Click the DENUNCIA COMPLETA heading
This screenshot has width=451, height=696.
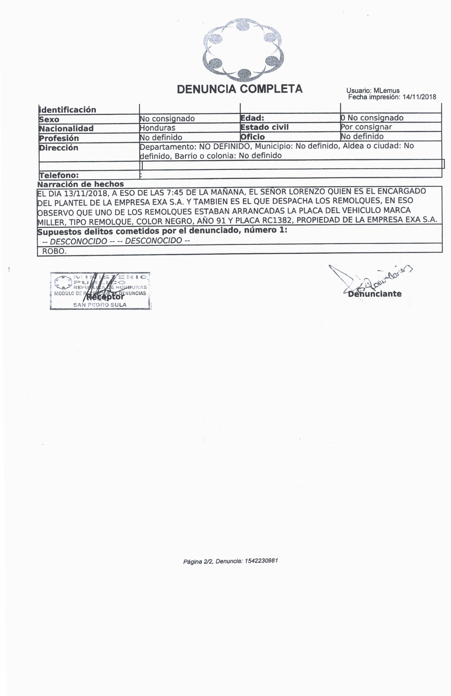(239, 89)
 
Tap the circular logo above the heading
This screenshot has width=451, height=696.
(243, 49)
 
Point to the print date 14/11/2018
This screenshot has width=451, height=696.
(419, 97)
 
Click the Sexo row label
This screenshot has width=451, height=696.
(49, 119)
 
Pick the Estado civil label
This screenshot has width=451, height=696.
(264, 127)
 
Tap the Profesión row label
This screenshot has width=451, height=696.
(59, 138)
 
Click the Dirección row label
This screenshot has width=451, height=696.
(59, 148)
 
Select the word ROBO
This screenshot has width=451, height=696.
(54, 251)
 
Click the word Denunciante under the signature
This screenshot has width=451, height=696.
(375, 294)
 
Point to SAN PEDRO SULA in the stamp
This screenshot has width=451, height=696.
(100, 305)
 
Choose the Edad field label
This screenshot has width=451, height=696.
(252, 118)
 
